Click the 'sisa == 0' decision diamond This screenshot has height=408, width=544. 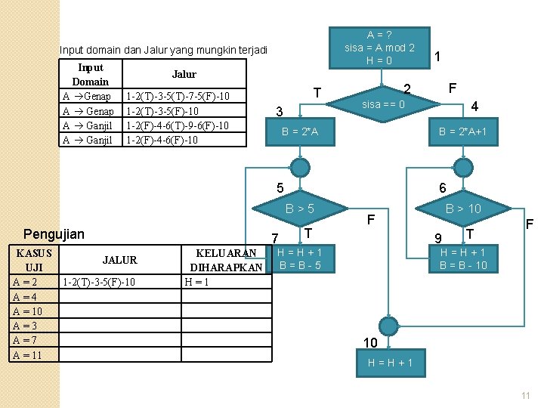pyautogui.click(x=383, y=104)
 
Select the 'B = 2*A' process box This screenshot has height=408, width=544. pyautogui.click(x=300, y=132)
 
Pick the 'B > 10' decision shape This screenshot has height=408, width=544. pyautogui.click(x=462, y=208)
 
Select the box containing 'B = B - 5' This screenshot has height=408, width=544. pyautogui.click(x=300, y=259)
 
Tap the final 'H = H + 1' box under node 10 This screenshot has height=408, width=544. pyautogui.click(x=390, y=363)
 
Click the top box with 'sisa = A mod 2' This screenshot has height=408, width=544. pyautogui.click(x=379, y=48)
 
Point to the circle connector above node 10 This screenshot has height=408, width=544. pyautogui.click(x=388, y=326)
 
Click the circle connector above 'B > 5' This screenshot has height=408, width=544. pyautogui.click(x=300, y=167)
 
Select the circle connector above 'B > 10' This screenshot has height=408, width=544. pyautogui.click(x=462, y=167)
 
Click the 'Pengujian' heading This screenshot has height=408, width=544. pyautogui.click(x=54, y=234)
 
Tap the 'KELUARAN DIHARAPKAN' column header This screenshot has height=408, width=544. pyautogui.click(x=226, y=259)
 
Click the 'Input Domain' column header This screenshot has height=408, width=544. pyautogui.click(x=90, y=74)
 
